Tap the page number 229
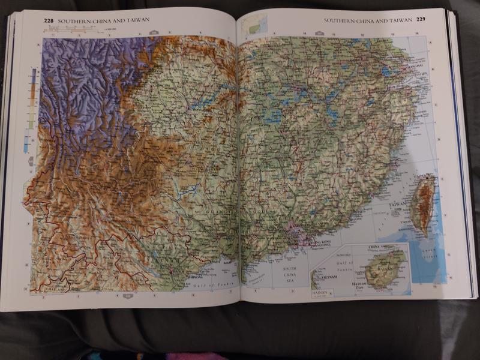(x=422, y=20)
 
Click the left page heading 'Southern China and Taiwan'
(x=103, y=21)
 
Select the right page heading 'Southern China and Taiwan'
(x=368, y=20)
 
